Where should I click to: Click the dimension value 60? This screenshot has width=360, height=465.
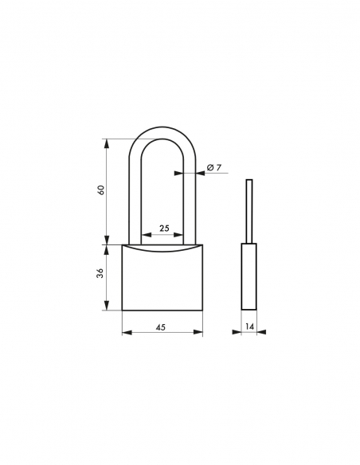tap(100, 191)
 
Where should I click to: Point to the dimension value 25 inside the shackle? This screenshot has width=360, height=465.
tap(163, 229)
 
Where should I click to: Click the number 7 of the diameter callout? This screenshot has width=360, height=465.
tap(217, 166)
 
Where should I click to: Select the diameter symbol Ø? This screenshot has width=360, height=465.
tap(209, 166)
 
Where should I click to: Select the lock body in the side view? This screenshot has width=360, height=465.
tap(249, 276)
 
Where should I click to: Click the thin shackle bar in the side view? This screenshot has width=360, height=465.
tap(248, 211)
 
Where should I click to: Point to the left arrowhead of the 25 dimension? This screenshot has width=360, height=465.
tap(143, 236)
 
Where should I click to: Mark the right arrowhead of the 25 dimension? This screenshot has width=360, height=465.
tap(182, 236)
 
